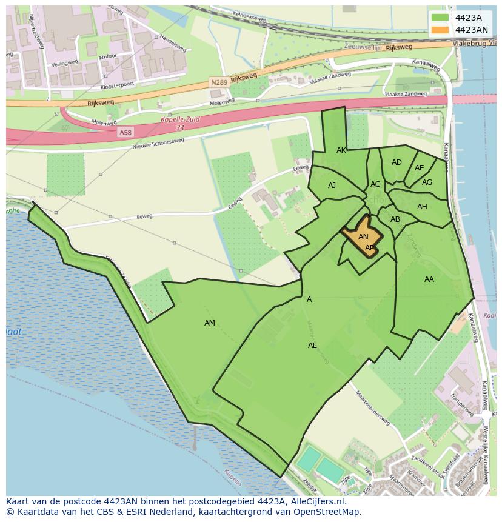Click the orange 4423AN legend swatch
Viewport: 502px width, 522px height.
pyautogui.click(x=441, y=30)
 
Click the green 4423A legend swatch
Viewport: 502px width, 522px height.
pyautogui.click(x=441, y=18)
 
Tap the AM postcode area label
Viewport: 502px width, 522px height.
pyautogui.click(x=210, y=323)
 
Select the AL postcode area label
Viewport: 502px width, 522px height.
pyautogui.click(x=312, y=346)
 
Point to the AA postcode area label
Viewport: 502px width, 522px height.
pyautogui.click(x=429, y=279)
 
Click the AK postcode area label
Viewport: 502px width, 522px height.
pyautogui.click(x=341, y=150)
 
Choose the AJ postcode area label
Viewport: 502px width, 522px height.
pyautogui.click(x=332, y=186)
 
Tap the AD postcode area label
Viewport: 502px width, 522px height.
pyautogui.click(x=397, y=162)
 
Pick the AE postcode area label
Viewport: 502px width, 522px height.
pyautogui.click(x=420, y=168)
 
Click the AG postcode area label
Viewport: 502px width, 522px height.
pyautogui.click(x=427, y=182)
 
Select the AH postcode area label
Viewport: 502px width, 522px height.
pyautogui.click(x=422, y=207)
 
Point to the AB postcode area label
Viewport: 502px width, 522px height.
pyautogui.click(x=395, y=219)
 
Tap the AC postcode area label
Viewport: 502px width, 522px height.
pyautogui.click(x=375, y=184)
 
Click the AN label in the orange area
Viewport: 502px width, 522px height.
pyautogui.click(x=363, y=237)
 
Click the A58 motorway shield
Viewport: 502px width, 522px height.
pyautogui.click(x=125, y=132)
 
